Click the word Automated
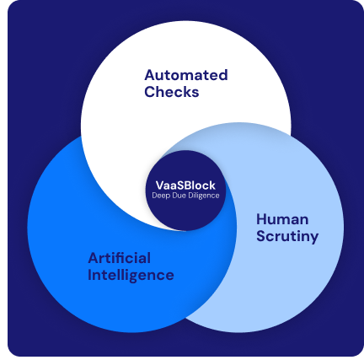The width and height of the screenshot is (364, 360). [186, 75]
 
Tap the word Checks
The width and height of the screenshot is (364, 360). [172, 92]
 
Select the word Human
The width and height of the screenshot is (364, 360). [282, 219]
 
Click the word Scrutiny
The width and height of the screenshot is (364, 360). [287, 237]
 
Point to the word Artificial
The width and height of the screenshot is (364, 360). [120, 258]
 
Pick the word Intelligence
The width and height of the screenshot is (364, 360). [131, 275]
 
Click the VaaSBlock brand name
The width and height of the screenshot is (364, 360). [185, 185]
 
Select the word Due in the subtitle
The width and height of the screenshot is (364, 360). [179, 196]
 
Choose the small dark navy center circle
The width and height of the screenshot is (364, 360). [185, 191]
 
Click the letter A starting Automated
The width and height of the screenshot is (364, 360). [150, 75]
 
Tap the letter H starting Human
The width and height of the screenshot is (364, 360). [261, 219]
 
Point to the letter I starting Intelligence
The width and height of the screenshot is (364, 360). [89, 275]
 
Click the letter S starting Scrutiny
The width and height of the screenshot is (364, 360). [261, 236]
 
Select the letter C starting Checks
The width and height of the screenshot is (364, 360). [150, 92]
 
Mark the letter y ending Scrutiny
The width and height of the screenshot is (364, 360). [314, 239]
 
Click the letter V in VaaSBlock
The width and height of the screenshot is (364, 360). [160, 185]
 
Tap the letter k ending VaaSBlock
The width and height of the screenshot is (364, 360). [212, 185]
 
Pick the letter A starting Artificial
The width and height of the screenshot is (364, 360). [94, 258]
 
